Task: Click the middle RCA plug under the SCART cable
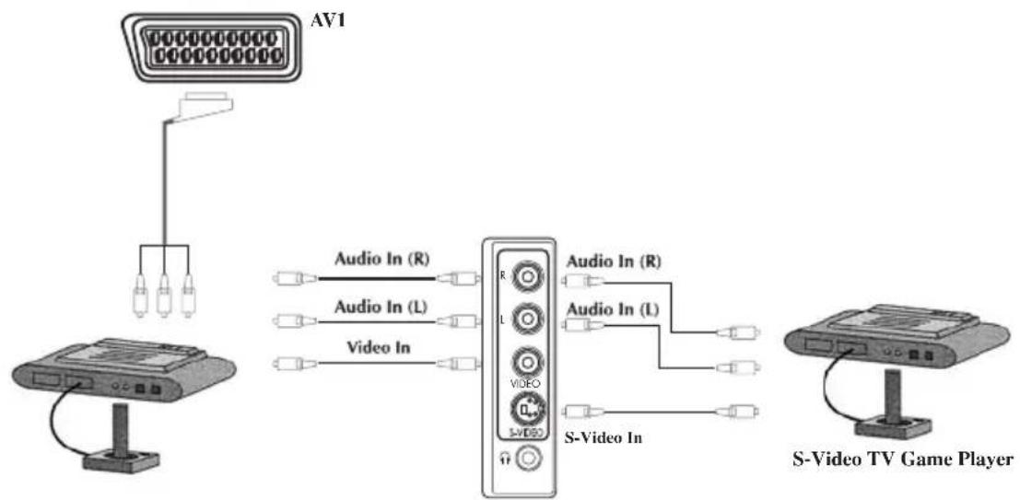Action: point(164,296)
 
